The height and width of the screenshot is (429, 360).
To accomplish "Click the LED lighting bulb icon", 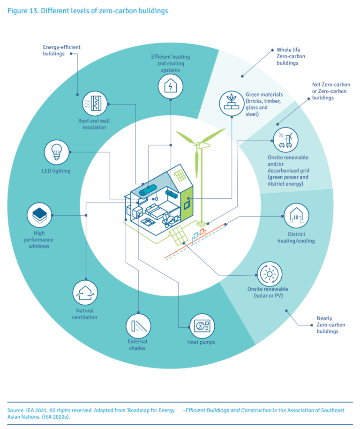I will click(56, 152).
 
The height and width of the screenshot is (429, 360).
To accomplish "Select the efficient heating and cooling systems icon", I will click(170, 86).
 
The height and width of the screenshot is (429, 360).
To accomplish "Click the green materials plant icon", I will click(232, 103).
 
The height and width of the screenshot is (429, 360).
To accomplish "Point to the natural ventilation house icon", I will click(85, 292).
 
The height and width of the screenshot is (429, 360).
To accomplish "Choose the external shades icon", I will click(138, 326).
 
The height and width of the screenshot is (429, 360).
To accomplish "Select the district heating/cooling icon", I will click(296, 216).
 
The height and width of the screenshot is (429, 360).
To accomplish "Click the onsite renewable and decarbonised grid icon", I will click(285, 139).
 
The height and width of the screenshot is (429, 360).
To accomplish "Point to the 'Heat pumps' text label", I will click(201, 342).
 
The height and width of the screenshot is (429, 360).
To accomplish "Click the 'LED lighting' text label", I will click(56, 171).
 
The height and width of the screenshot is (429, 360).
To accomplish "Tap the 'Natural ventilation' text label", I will click(85, 314).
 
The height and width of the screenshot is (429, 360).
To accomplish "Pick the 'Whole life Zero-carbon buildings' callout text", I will click(291, 56).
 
